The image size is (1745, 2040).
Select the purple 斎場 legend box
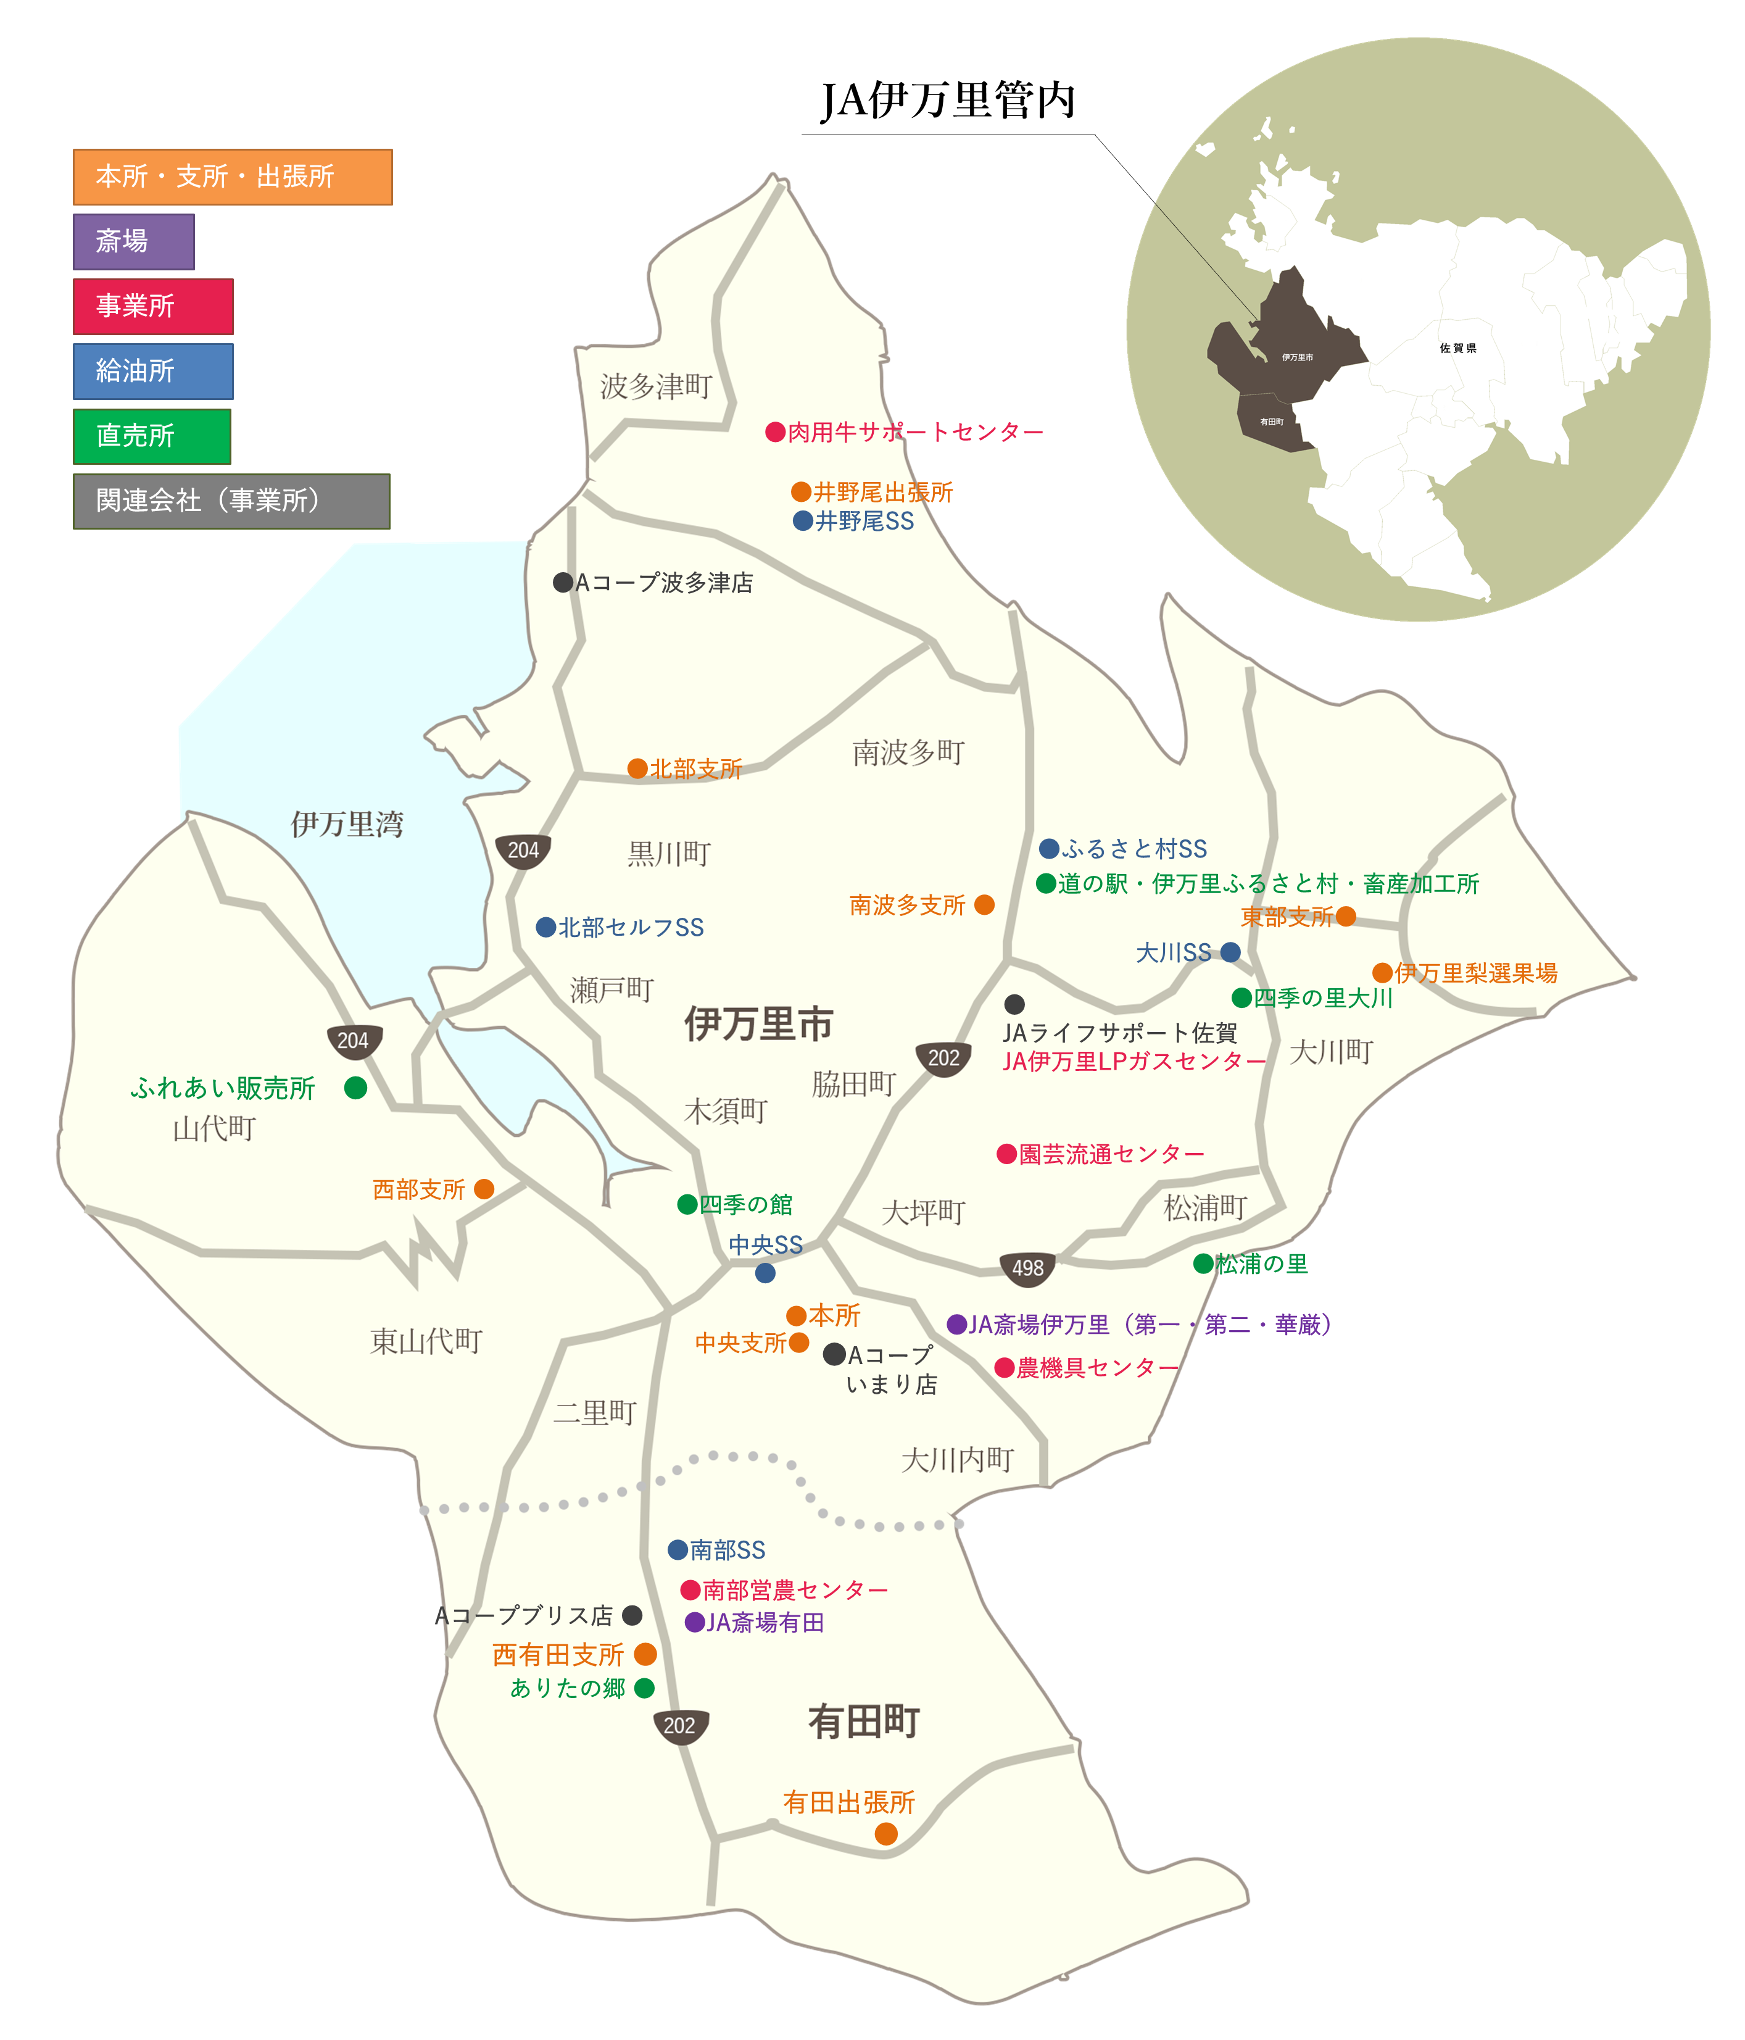tap(134, 241)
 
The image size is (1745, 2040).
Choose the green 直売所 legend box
tap(152, 436)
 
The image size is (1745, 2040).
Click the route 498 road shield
tap(1027, 1268)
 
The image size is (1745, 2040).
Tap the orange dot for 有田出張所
tap(886, 1833)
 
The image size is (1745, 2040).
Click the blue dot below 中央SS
tap(765, 1273)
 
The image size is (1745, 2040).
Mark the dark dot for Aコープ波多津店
tap(563, 583)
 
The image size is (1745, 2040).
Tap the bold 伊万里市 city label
tap(759, 1024)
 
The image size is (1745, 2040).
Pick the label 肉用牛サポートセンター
tap(915, 432)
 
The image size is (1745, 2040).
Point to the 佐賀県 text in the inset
tap(1457, 349)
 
